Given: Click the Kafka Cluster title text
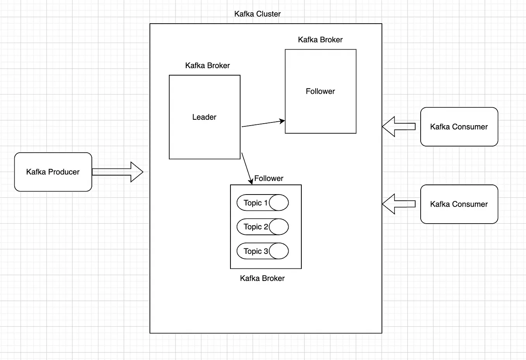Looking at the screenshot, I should [x=257, y=14].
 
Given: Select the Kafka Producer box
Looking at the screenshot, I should [x=53, y=172].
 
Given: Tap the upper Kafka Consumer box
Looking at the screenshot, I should [x=459, y=127].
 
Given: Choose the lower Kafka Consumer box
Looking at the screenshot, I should [x=459, y=204].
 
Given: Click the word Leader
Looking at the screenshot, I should [x=204, y=117].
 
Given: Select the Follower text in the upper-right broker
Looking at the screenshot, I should [x=320, y=91].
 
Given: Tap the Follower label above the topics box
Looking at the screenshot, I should [x=269, y=178].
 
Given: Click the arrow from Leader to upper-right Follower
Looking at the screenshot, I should [x=263, y=124].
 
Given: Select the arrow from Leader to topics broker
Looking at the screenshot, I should [x=247, y=168].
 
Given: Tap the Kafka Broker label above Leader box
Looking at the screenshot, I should [x=207, y=65].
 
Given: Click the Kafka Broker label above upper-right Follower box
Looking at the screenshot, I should [x=320, y=40].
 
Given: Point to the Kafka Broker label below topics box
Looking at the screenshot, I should [x=262, y=278].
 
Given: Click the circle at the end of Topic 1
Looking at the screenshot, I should [x=279, y=203].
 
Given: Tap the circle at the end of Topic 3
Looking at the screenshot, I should [x=279, y=251].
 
